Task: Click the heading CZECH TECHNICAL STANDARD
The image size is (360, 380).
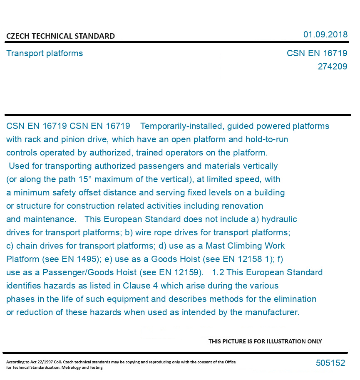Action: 60,36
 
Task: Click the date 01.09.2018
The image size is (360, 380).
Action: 325,35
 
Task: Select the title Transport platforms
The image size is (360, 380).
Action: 45,53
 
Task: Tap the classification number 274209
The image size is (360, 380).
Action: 332,67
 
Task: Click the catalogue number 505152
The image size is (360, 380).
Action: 330,363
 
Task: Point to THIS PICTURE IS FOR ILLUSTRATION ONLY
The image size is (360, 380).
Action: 265,341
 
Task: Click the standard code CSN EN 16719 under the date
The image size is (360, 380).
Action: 317,53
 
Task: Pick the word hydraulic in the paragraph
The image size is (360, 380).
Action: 279,219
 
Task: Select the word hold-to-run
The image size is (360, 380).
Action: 267,139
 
